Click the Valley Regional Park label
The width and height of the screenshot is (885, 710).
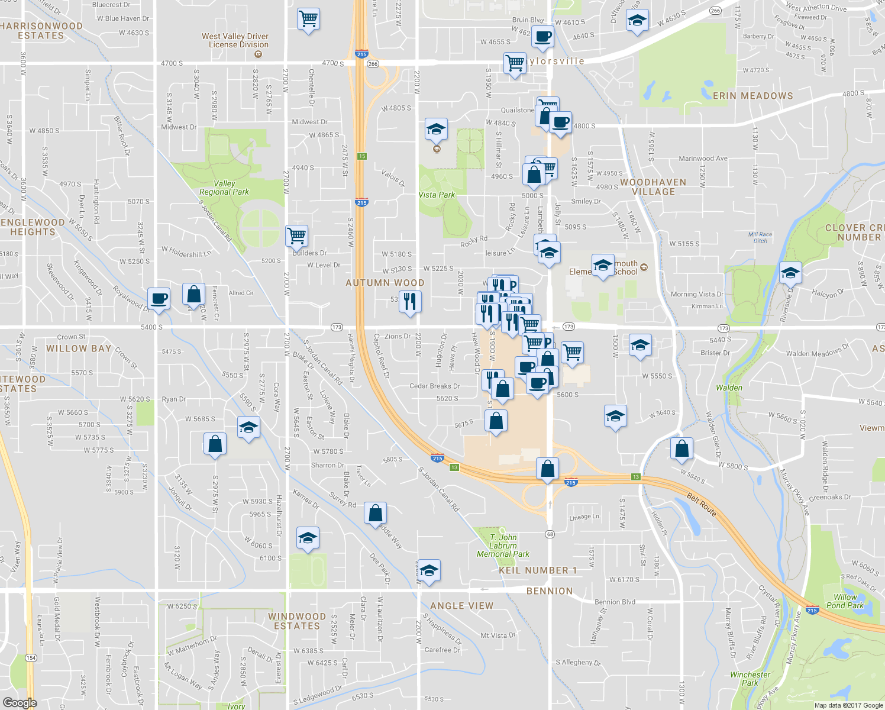coord(224,188)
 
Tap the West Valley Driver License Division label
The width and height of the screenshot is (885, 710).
coord(235,40)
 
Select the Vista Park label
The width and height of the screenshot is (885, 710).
coord(437,195)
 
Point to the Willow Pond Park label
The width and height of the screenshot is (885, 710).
coord(845,601)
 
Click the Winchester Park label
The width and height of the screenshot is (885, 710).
coord(750,679)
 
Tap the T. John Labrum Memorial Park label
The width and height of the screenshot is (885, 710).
coord(503,546)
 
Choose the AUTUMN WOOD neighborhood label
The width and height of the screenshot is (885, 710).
coord(385,283)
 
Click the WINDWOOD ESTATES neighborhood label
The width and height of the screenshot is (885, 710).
coord(296,621)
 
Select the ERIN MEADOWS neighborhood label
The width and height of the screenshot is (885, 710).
coord(752,96)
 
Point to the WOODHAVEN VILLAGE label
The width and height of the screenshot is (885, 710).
coord(653,187)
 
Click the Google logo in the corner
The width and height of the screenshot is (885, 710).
coord(20,702)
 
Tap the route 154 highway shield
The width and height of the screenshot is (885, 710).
coord(30,658)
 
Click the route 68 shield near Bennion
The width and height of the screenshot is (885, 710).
coord(550,534)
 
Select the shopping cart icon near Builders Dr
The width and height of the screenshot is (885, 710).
coord(296,235)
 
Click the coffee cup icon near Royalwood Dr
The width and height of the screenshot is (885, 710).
coord(159,298)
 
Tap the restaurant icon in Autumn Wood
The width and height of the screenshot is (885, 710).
coord(410,301)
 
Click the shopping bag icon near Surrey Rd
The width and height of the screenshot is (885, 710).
coord(376,512)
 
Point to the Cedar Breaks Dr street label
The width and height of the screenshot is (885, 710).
coord(434,386)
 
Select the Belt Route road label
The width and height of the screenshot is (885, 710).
coord(702,505)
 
